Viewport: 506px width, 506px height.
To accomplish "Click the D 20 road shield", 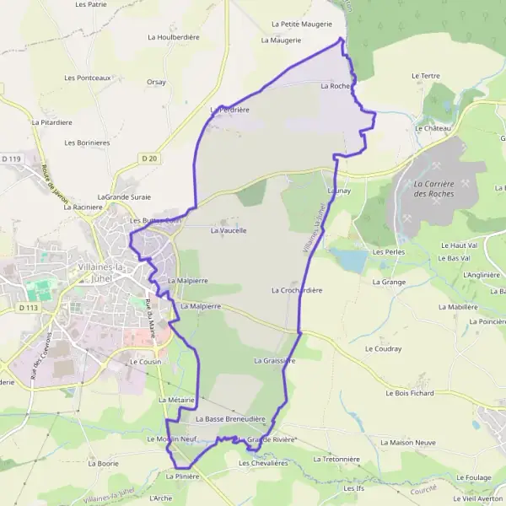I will [x=149, y=158].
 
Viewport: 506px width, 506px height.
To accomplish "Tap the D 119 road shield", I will [x=11, y=159].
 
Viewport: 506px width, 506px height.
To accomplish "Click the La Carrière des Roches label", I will [x=434, y=189].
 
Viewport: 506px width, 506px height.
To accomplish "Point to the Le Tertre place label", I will [x=426, y=76].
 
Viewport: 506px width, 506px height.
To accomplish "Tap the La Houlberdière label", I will [x=173, y=37].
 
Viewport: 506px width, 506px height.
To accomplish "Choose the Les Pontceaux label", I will [x=88, y=78].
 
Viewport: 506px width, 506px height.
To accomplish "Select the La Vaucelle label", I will [x=229, y=230].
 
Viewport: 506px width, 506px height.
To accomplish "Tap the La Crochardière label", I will [x=297, y=290].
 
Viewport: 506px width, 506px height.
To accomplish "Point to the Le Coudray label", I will [x=382, y=348].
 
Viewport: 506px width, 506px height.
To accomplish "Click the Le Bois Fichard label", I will [x=409, y=393].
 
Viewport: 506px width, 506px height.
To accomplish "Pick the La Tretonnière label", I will [x=336, y=460].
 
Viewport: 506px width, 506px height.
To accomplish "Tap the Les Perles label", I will [x=389, y=252].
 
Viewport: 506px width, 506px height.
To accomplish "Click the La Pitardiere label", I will [x=52, y=122].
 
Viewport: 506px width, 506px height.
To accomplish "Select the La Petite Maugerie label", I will [x=302, y=24].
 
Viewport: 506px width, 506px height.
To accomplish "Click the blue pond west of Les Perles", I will [x=348, y=259].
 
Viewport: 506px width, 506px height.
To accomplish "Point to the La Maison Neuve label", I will [x=406, y=442].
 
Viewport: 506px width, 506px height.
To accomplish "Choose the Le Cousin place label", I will [x=145, y=361].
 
